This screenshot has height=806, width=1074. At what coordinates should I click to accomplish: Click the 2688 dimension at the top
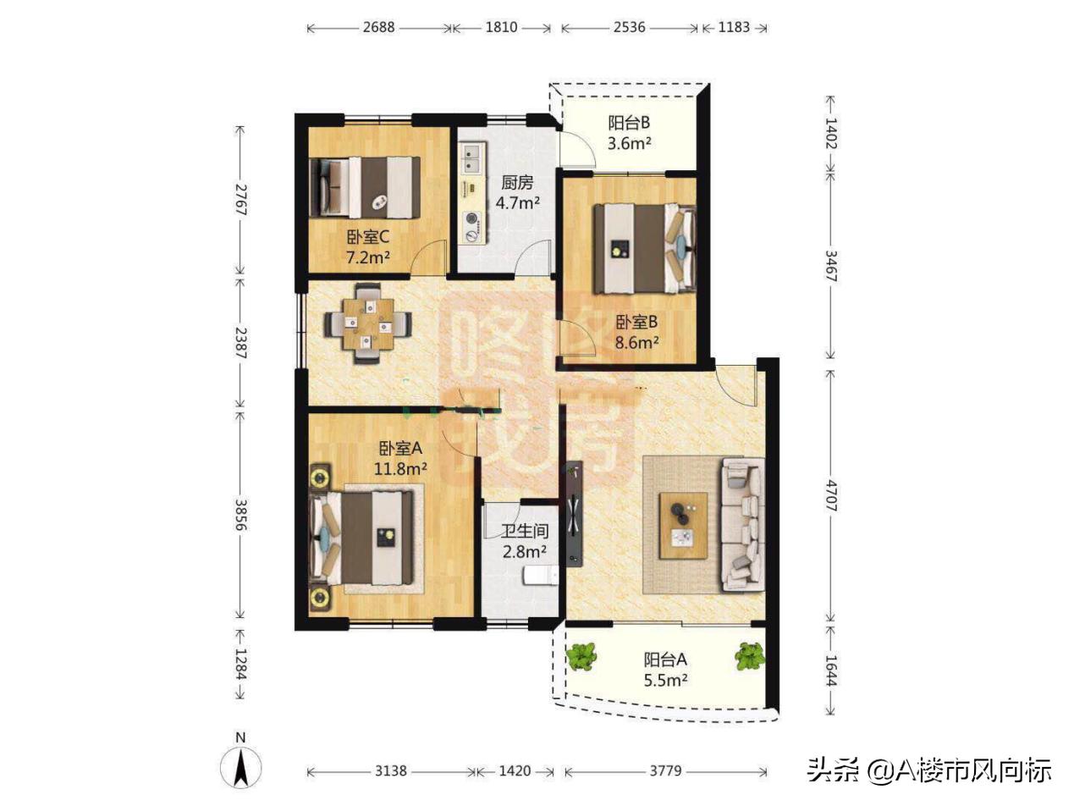point(378,27)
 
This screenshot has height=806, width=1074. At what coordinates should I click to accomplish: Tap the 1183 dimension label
point(734,27)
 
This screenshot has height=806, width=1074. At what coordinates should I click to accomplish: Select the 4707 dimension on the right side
point(831,496)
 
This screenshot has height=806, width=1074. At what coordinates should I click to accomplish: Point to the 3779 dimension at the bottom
point(665,770)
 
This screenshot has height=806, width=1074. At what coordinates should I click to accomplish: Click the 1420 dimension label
point(515,770)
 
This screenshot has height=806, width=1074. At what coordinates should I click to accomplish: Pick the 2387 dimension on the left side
point(240,343)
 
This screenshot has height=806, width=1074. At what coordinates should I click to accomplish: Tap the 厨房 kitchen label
point(517,183)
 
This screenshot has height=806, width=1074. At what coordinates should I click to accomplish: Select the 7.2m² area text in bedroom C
point(368,257)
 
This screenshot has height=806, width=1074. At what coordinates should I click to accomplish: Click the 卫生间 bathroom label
point(525,531)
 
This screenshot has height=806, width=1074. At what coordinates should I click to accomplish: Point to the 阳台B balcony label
point(629,123)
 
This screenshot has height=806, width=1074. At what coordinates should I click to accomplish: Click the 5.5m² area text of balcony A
point(665,680)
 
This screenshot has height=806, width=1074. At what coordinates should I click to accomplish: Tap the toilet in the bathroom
point(541,576)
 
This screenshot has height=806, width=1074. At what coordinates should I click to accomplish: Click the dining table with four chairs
point(368,323)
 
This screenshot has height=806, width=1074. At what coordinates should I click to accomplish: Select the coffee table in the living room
point(683,525)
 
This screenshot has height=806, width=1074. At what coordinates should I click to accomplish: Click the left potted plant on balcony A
point(581,657)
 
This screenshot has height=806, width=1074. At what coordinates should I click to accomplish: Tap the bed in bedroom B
point(644,248)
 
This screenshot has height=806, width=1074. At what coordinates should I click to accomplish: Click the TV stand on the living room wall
point(575,513)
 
